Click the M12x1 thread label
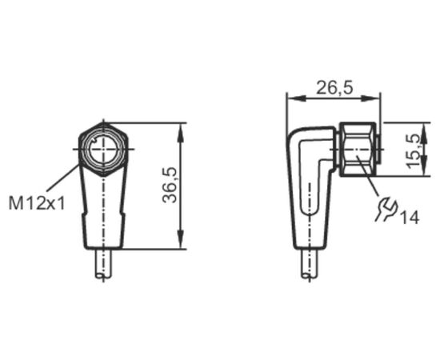tap(37, 203)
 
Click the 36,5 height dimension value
tap(170, 185)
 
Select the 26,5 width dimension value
tap(334, 87)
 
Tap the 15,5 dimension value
tap(414, 151)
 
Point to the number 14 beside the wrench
tap(410, 218)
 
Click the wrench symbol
tap(386, 209)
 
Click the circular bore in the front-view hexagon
tap(103, 149)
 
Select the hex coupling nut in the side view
tap(358, 150)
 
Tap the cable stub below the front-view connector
tap(103, 264)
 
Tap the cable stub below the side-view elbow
tap(310, 264)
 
